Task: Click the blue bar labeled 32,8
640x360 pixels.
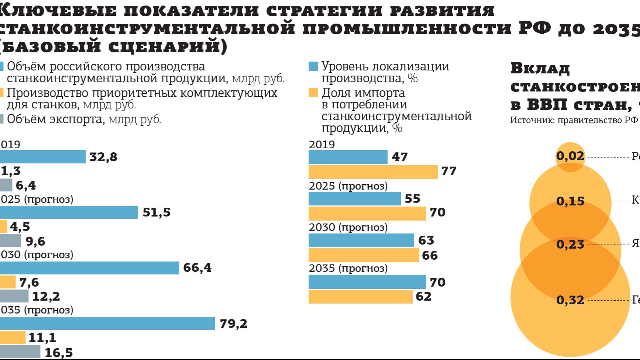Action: tap(42, 157)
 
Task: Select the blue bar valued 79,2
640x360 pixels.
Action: tap(107, 323)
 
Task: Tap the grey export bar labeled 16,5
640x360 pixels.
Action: tap(20, 352)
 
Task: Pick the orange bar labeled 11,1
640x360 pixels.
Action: tap(13, 337)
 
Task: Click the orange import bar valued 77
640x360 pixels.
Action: tap(373, 172)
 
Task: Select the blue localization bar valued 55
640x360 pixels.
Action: tap(354, 198)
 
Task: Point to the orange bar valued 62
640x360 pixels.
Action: tap(360, 297)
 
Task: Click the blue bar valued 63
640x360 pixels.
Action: tap(361, 240)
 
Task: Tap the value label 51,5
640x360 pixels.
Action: tap(156, 212)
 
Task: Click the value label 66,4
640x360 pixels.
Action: tap(197, 268)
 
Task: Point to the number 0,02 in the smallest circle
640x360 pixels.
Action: tap(570, 156)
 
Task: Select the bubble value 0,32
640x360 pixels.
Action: tap(570, 300)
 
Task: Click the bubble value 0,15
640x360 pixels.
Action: tap(570, 201)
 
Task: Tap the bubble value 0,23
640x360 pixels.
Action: tap(570, 245)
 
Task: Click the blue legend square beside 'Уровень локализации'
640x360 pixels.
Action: tap(313, 66)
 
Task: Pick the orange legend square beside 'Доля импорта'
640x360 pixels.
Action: tap(313, 93)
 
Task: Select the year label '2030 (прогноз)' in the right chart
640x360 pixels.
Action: tap(348, 227)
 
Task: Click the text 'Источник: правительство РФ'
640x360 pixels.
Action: tap(574, 120)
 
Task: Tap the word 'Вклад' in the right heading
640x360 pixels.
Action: tap(540, 69)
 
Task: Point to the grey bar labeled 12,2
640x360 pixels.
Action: tap(14, 296)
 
